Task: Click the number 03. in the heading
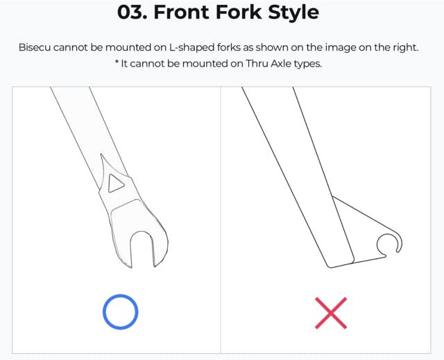pos(133,12)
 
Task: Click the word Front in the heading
pos(181,12)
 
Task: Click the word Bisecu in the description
pos(35,47)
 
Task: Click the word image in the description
pos(341,48)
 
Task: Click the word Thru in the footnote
pos(257,63)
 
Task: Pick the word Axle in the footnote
pos(281,63)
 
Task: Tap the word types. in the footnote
pos(308,64)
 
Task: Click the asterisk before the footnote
pos(117,62)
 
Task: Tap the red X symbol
pos(331,313)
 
